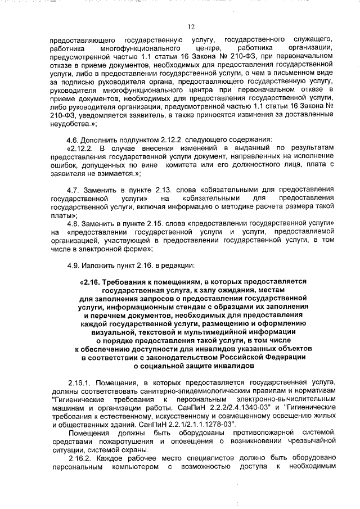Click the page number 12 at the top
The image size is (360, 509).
pos(191,26)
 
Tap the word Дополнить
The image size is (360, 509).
pos(100,139)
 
